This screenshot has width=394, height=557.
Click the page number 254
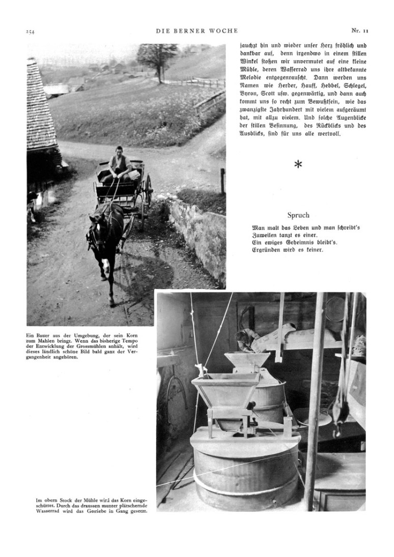pyautogui.click(x=30, y=32)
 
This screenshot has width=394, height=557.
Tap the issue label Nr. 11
pyautogui.click(x=359, y=31)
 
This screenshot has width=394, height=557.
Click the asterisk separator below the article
pyautogui.click(x=298, y=164)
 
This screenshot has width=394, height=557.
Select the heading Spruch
pyautogui.click(x=298, y=215)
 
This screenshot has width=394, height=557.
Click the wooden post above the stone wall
pyautogui.click(x=222, y=180)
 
